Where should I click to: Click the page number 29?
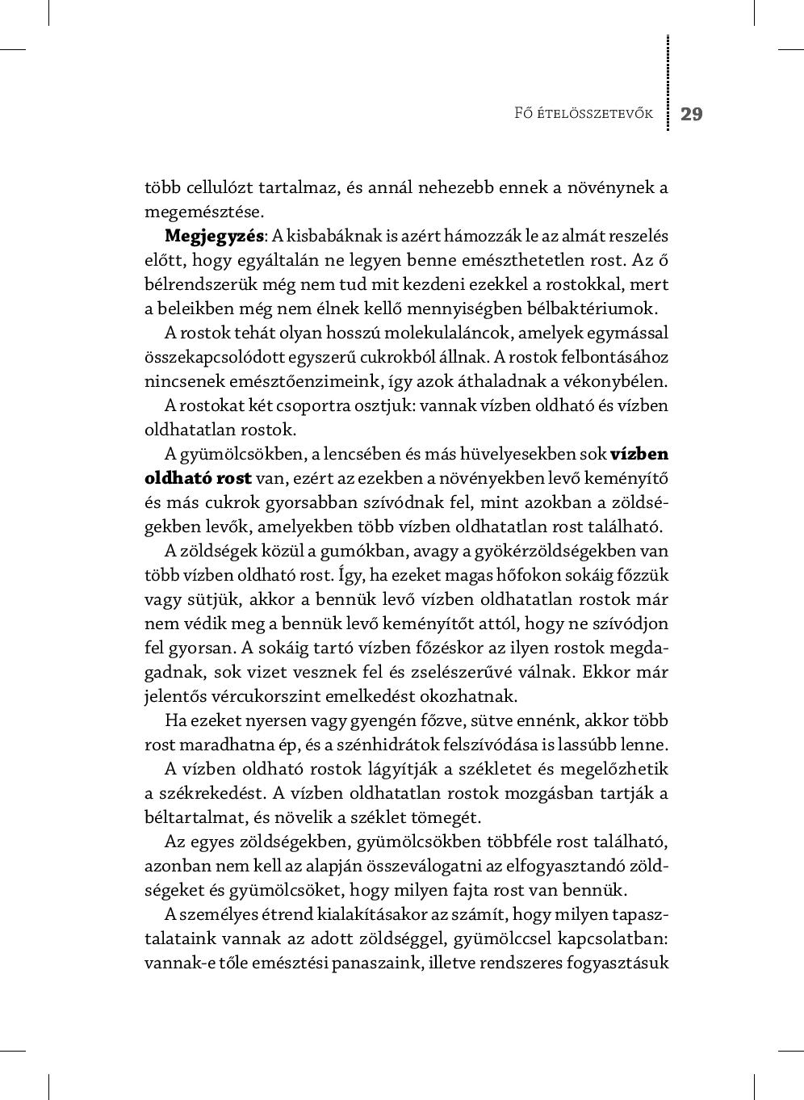pos(692,114)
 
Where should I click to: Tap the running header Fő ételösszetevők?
pos(583,114)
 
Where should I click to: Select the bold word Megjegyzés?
pos(214,236)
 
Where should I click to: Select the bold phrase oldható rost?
pos(198,478)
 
